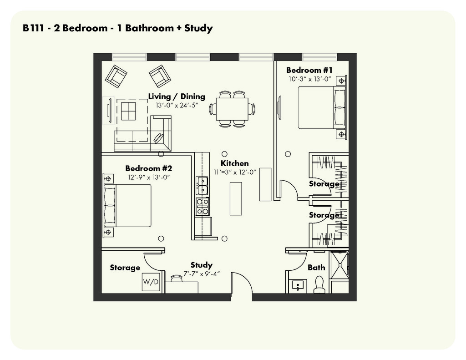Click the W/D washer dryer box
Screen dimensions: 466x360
(x=151, y=282)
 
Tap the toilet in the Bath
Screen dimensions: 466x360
(x=319, y=285)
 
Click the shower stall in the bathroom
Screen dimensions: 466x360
(x=339, y=265)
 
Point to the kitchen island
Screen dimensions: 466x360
(x=236, y=198)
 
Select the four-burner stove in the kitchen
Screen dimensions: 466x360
(x=202, y=206)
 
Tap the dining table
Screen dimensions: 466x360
(x=232, y=109)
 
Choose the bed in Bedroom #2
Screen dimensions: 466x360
(x=128, y=205)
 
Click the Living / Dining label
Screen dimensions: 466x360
(x=177, y=96)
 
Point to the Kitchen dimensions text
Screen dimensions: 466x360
(x=235, y=172)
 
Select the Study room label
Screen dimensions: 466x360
(x=201, y=265)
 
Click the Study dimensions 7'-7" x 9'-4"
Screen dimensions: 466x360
(x=201, y=274)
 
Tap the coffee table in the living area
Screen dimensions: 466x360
(x=128, y=111)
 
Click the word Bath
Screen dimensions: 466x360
(x=316, y=268)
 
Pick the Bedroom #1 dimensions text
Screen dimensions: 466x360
(x=309, y=79)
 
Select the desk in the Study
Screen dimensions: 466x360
(x=181, y=287)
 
